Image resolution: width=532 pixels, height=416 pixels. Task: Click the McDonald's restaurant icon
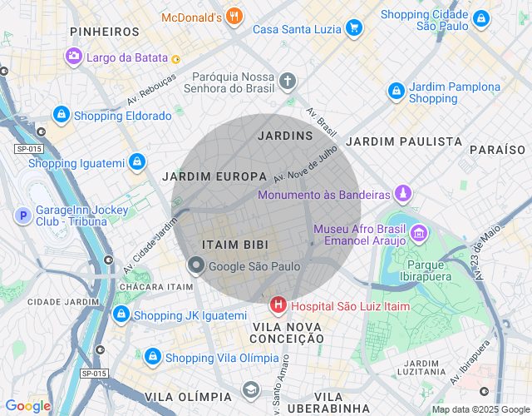click(235, 16)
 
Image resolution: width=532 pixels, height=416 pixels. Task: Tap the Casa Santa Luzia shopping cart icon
click(354, 28)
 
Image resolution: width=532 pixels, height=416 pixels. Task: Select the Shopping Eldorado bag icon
click(61, 115)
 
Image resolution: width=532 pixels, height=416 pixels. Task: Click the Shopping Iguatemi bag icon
click(137, 162)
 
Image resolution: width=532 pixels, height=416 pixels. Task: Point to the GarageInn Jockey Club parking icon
click(22, 216)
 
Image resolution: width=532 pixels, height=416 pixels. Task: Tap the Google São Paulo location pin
click(196, 266)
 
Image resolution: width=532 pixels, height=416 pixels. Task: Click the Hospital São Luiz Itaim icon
click(278, 306)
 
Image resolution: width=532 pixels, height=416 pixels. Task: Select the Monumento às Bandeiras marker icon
click(403, 194)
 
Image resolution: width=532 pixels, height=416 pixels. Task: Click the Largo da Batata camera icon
click(74, 57)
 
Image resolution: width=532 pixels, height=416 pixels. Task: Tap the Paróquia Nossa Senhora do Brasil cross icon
click(288, 82)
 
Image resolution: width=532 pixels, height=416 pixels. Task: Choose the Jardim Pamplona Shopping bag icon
click(396, 92)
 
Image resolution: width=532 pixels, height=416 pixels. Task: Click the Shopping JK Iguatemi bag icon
click(121, 314)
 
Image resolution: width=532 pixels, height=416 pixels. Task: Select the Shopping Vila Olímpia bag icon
click(152, 357)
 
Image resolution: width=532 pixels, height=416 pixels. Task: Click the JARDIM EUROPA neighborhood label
click(214, 176)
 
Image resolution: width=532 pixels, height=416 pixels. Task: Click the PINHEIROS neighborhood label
click(105, 31)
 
